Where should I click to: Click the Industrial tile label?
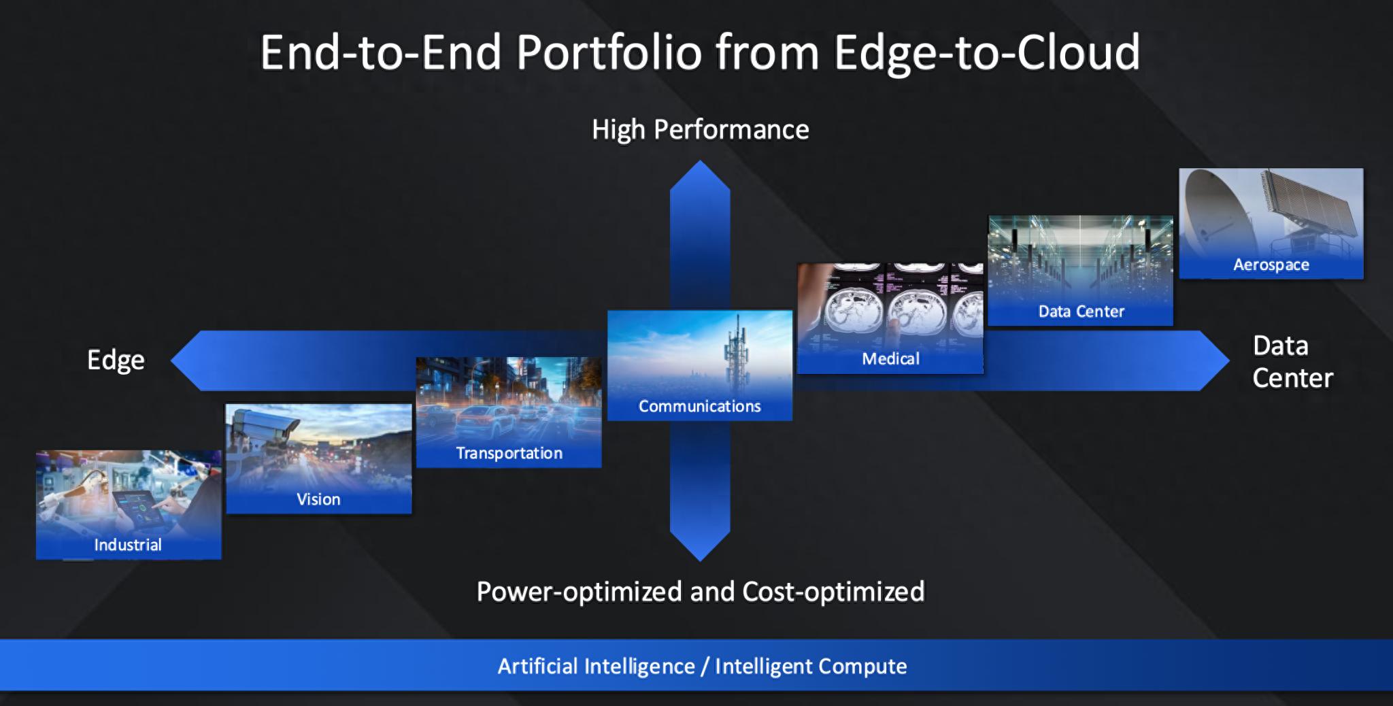(x=128, y=545)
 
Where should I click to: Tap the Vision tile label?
(x=318, y=499)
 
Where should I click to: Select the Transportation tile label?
(x=509, y=453)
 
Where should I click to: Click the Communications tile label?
(x=699, y=406)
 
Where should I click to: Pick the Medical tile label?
(x=890, y=358)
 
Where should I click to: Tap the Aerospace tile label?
(x=1271, y=265)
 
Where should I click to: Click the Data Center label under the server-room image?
(x=1081, y=312)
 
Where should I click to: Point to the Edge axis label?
(x=116, y=360)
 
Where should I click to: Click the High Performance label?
(x=700, y=129)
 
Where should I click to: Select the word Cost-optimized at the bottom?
(x=833, y=592)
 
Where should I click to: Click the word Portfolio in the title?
(x=609, y=52)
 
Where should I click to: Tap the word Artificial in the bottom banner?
(x=537, y=666)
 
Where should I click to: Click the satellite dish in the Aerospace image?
(x=1218, y=211)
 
